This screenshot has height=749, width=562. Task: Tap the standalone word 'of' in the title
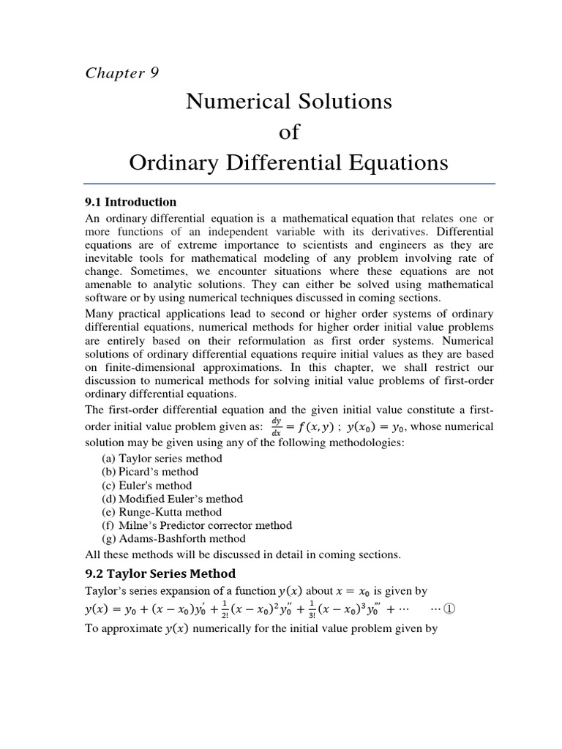pyautogui.click(x=289, y=132)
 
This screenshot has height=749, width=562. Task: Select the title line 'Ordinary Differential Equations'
pyautogui.click(x=288, y=162)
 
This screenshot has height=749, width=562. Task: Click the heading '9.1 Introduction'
pyautogui.click(x=132, y=202)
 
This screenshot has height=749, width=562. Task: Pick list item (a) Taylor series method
pyautogui.click(x=162, y=459)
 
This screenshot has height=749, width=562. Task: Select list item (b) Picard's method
pyautogui.click(x=150, y=472)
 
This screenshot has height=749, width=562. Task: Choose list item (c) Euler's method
pyautogui.click(x=147, y=486)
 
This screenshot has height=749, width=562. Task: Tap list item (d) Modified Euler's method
pyautogui.click(x=172, y=499)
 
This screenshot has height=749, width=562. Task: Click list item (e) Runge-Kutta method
pyautogui.click(x=161, y=512)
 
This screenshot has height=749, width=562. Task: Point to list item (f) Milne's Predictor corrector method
pyautogui.click(x=197, y=525)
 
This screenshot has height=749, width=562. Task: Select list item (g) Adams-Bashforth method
pyautogui.click(x=173, y=539)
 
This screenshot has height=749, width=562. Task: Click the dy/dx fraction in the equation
pyautogui.click(x=277, y=426)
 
